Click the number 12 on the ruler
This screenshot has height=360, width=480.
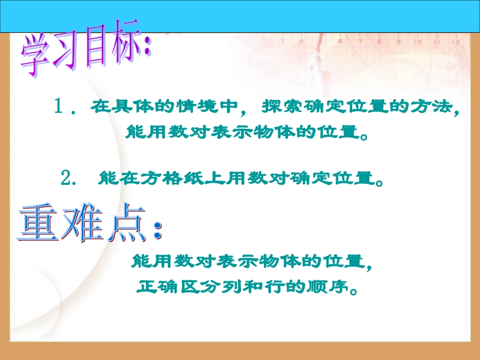coord(455,43)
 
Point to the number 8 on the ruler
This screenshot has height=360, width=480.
coord(378,42)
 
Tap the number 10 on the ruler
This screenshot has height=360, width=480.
coord(417,42)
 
